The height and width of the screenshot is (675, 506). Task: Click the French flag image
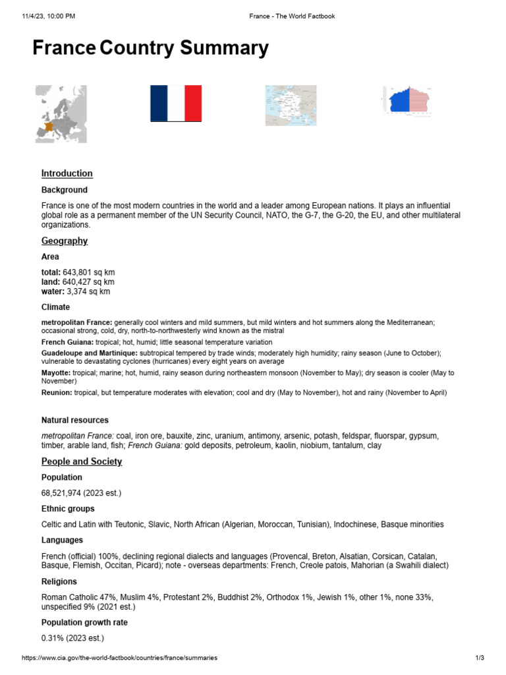(x=176, y=103)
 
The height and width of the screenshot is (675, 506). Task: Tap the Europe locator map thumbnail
(x=61, y=113)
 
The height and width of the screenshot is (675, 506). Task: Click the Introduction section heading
(x=67, y=173)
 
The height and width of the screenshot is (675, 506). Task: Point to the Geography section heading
(x=64, y=241)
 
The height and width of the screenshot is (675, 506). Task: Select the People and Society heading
(x=81, y=461)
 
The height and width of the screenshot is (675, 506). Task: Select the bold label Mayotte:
(x=55, y=373)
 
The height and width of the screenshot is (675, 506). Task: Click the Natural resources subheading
(x=74, y=420)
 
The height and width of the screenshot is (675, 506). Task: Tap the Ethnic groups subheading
(x=67, y=509)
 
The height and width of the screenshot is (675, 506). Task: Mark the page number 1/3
(x=480, y=658)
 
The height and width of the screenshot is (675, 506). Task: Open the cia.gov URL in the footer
(x=119, y=658)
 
